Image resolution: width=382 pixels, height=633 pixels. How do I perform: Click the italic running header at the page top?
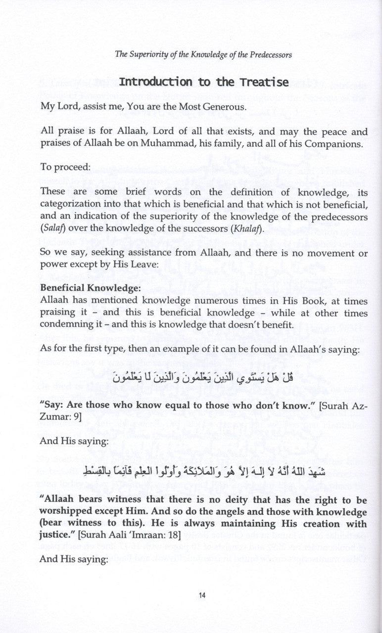click(x=203, y=55)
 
